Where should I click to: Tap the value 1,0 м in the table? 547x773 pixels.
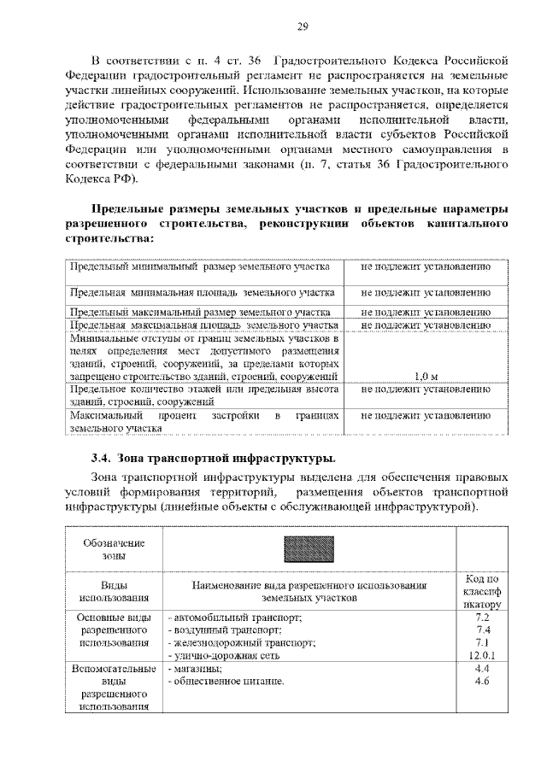pos(425,376)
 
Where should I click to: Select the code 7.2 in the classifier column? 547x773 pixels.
pos(481,617)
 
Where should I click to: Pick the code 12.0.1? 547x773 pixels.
pos(481,655)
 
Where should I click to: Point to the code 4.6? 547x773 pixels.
pos(481,682)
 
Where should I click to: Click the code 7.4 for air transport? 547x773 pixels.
pos(481,630)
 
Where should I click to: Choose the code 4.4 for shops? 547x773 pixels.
pos(481,669)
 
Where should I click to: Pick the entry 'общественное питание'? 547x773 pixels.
pos(225,682)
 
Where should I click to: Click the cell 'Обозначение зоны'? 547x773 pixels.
pos(115,548)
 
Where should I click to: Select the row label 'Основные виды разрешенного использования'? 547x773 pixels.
pos(115,630)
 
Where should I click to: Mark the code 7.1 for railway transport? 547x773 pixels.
pos(481,642)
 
